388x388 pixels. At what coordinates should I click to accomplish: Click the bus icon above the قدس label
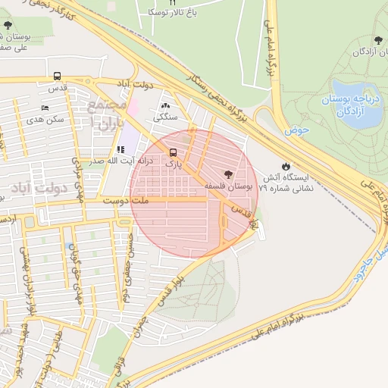click(58, 77)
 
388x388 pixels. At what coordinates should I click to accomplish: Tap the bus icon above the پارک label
click(174, 151)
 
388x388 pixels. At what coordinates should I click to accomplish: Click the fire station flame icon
click(285, 165)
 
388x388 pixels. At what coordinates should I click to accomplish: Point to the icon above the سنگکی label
click(166, 105)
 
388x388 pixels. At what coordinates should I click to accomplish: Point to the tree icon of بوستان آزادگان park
click(379, 40)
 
